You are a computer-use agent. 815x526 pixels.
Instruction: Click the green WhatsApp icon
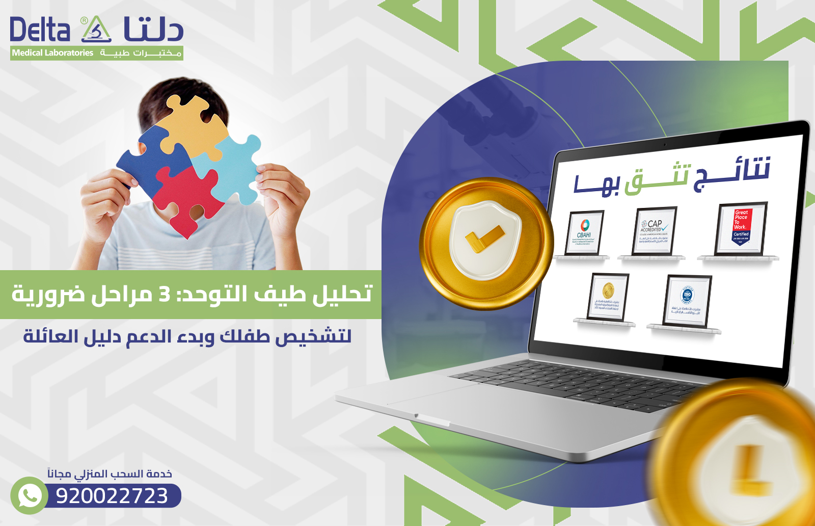[x=29, y=495]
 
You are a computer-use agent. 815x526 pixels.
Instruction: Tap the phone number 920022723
[x=112, y=496]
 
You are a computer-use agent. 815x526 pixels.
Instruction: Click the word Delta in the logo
[x=40, y=30]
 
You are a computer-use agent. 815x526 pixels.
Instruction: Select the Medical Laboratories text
[x=52, y=53]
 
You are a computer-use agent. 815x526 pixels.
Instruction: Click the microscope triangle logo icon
[x=96, y=30]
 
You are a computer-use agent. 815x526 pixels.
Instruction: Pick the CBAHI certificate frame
[x=584, y=233]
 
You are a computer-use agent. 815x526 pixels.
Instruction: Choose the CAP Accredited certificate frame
[x=654, y=230]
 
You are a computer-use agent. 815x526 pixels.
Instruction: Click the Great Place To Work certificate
[x=741, y=228]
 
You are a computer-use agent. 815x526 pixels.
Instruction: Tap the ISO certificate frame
[x=687, y=301]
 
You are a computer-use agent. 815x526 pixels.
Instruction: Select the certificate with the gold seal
[x=608, y=297]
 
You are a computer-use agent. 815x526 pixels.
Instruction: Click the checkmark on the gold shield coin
[x=484, y=239]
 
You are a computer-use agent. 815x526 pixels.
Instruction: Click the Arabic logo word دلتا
[x=153, y=30]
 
